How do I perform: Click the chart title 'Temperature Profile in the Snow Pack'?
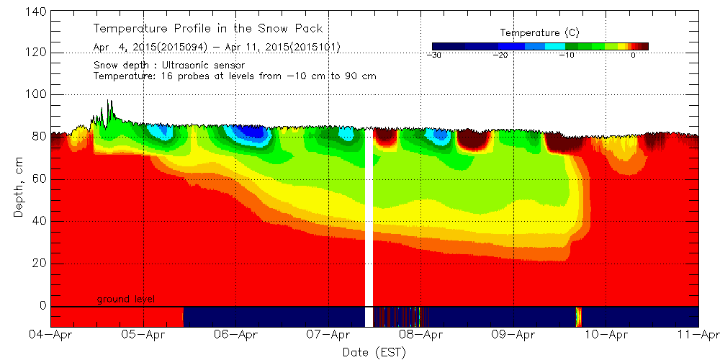208,29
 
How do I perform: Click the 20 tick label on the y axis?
40,263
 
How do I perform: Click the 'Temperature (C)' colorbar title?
539,32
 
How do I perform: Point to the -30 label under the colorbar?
433,55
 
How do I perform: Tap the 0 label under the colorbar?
632,55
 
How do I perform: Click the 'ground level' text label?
126,299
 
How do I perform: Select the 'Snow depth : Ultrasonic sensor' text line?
169,66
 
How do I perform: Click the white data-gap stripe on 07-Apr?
369,216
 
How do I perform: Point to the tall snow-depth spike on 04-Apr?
108,108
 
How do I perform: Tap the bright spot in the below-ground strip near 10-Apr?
578,316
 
